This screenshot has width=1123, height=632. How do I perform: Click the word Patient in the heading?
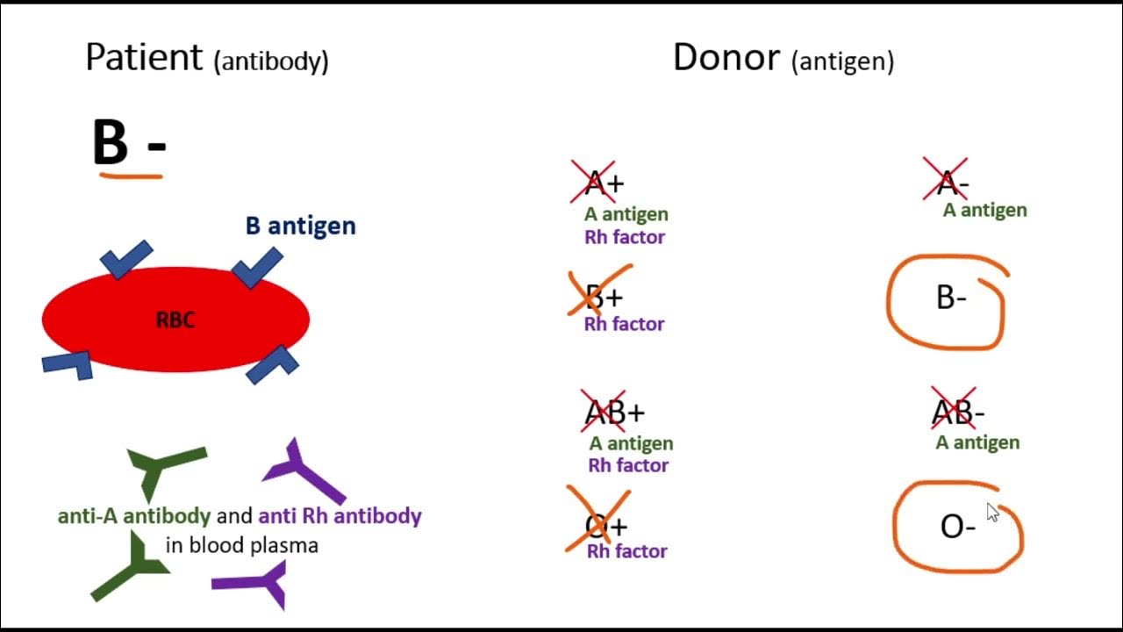tap(144, 58)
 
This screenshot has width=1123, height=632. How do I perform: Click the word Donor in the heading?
tap(726, 58)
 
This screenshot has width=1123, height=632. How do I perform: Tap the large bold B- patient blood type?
tap(128, 142)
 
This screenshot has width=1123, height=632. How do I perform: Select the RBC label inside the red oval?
tap(175, 320)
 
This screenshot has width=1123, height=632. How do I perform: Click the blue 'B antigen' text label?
tap(300, 226)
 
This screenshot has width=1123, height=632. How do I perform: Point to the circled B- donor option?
tap(951, 298)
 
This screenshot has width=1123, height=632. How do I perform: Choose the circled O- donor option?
tap(957, 527)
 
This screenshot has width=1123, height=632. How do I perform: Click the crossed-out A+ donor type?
tap(604, 183)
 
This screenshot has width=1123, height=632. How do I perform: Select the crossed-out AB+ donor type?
tap(614, 413)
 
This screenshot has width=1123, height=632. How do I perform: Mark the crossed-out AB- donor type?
tap(959, 413)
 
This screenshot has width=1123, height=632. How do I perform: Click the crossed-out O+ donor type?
tap(605, 526)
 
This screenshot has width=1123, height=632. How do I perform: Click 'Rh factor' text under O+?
tap(626, 551)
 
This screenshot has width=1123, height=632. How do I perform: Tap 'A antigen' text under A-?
tap(984, 210)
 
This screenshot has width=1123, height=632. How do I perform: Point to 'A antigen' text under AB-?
tap(977, 442)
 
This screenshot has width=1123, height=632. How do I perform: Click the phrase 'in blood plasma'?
tap(241, 545)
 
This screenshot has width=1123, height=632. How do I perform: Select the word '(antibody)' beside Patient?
tap(271, 61)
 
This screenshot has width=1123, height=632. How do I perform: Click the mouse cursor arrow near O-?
tap(992, 513)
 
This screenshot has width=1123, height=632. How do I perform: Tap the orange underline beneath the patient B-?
tap(132, 176)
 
